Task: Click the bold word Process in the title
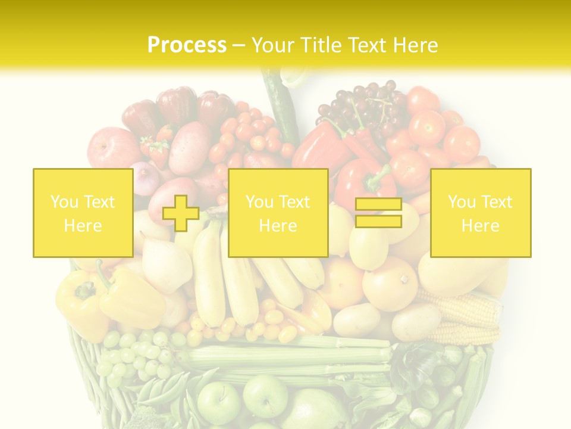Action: pyautogui.click(x=187, y=45)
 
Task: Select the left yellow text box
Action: pyautogui.click(x=83, y=213)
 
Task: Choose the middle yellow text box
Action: pyautogui.click(x=278, y=213)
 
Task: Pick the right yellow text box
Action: pyautogui.click(x=481, y=213)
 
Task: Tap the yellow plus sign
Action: pyautogui.click(x=181, y=213)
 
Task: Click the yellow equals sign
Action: pyautogui.click(x=378, y=213)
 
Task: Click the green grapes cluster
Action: pyautogui.click(x=134, y=355)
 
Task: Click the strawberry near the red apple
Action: pyautogui.click(x=156, y=149)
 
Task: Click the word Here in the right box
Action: pyautogui.click(x=480, y=225)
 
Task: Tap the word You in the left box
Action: pyautogui.click(x=62, y=202)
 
